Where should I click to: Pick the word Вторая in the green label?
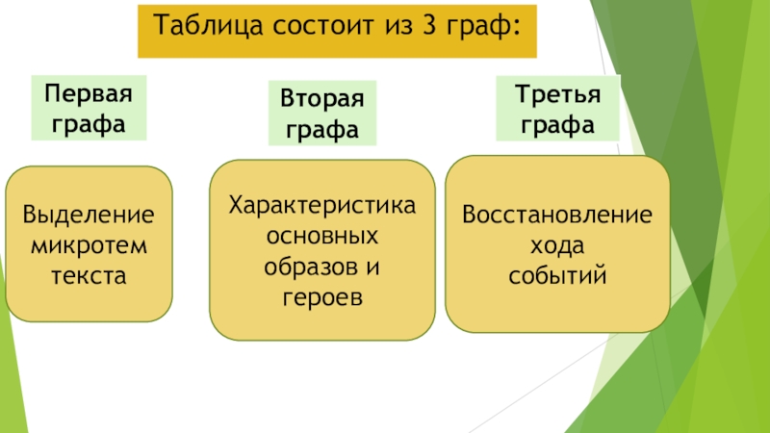pyautogui.click(x=322, y=101)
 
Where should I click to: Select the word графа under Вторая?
pyautogui.click(x=322, y=128)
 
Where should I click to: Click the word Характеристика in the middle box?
pyautogui.click(x=321, y=205)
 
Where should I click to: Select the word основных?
pyautogui.click(x=321, y=236)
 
